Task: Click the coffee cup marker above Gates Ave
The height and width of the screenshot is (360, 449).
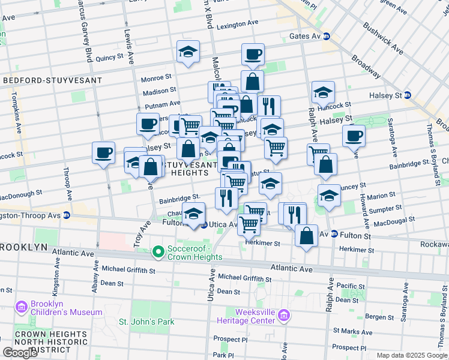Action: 253,55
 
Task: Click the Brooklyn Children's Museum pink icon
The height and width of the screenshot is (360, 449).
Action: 22,307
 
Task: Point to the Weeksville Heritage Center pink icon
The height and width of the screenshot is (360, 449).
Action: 285,315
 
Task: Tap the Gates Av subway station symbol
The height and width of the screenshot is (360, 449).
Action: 327,37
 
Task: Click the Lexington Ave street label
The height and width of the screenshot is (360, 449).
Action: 237,23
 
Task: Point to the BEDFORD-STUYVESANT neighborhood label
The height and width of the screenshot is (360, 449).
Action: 52,80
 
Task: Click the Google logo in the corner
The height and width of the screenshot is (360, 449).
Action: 20,352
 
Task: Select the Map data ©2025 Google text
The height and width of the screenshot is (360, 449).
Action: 412,355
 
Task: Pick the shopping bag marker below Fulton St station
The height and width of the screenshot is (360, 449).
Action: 306,236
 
